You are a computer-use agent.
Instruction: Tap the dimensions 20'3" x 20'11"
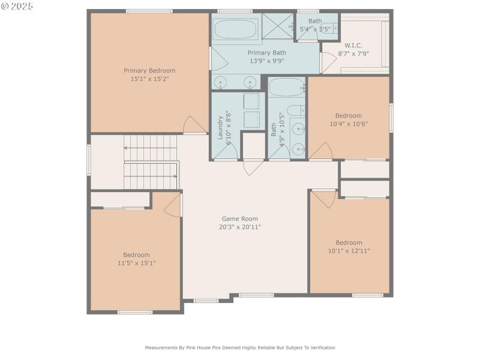coord(240,227)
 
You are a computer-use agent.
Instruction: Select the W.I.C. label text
coord(353,46)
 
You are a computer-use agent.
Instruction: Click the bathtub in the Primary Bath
coord(236,28)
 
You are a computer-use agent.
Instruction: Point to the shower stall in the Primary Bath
coord(278,26)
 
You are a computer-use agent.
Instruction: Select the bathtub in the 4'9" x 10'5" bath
coord(287,88)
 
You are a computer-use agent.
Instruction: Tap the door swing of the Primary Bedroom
coord(194,125)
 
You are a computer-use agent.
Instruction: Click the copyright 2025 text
coord(17,5)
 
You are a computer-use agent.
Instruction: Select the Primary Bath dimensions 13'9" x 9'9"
coord(266,61)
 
